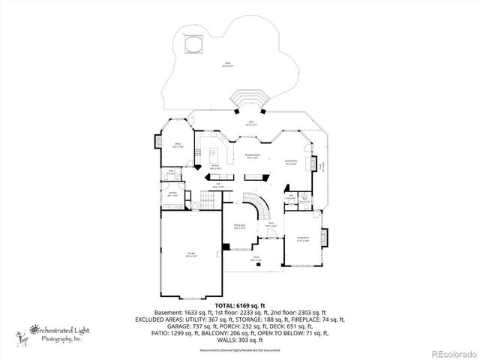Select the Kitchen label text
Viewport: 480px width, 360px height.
coord(214,166)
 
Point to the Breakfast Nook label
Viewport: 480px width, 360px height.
coord(252,157)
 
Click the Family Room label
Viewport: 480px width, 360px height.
coord(289,162)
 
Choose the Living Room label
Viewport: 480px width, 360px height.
coord(303,239)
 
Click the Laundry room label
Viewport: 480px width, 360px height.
coord(172,193)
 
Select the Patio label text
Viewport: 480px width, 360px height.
coord(227,64)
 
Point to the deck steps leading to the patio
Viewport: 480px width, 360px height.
coord(249,99)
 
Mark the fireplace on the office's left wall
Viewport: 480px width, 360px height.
coord(158,142)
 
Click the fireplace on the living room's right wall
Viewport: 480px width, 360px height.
coord(325,237)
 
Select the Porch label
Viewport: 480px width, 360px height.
coord(256,258)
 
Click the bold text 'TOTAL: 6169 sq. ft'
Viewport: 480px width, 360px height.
coord(239,306)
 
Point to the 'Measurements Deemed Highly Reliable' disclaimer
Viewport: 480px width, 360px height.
coord(239,350)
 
